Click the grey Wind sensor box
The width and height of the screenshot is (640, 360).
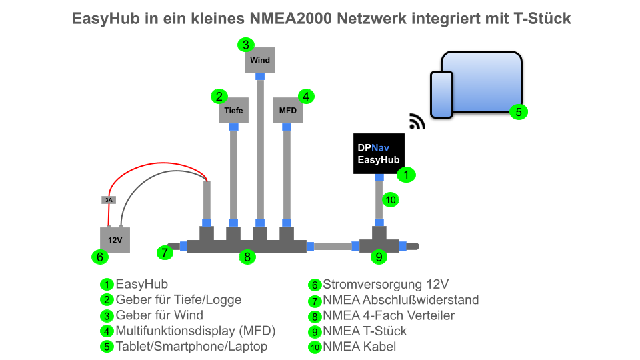tap(260, 60)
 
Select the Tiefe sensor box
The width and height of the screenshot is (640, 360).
tap(233, 110)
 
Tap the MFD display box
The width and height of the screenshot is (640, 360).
tap(288, 110)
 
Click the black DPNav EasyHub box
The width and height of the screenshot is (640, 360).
tap(378, 153)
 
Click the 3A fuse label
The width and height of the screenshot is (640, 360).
tap(108, 199)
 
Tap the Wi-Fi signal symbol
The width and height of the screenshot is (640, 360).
tap(417, 121)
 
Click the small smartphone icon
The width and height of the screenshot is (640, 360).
tap(441, 94)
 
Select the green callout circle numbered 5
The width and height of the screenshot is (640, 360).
tap(518, 111)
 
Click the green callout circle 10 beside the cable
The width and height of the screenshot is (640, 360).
tap(391, 199)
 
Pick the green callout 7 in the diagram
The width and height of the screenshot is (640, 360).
tap(165, 252)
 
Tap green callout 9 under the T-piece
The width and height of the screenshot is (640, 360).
tap(379, 256)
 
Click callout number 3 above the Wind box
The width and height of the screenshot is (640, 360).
tap(246, 45)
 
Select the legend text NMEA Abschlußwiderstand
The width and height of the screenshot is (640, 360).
tap(401, 300)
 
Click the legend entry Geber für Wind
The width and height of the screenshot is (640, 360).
tap(159, 315)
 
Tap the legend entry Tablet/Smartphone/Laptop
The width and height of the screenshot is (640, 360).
tap(191, 346)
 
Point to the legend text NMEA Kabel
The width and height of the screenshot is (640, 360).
tap(359, 346)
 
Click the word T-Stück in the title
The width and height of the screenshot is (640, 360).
tap(542, 18)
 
